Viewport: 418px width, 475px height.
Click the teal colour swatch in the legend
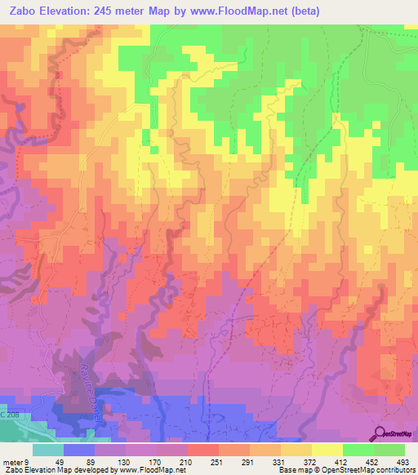point(48,450)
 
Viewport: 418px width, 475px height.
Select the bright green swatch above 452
point(358,450)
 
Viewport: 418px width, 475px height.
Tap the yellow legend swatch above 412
point(327,450)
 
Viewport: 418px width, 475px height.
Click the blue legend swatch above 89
point(79,450)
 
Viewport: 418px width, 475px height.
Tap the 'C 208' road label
point(9,416)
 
